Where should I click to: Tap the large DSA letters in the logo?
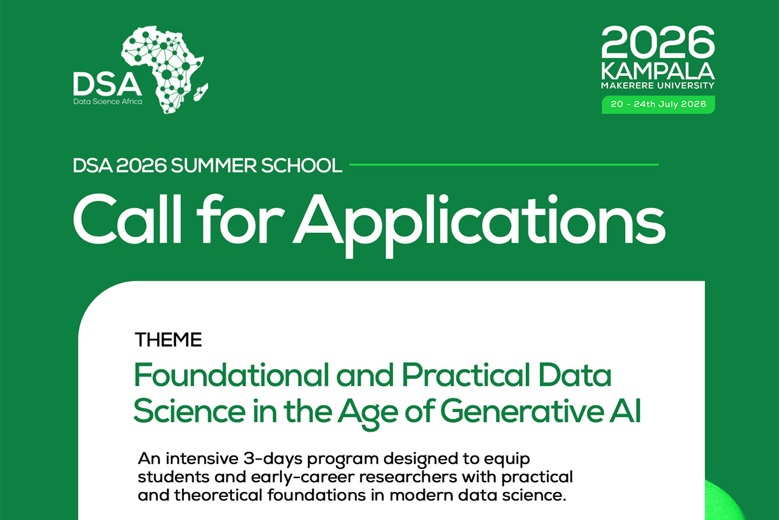107,83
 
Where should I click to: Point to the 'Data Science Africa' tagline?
107,101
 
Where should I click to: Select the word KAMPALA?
658,71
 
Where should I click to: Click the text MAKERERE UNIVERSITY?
658,86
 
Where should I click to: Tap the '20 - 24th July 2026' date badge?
658,104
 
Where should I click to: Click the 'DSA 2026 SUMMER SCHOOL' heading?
207,165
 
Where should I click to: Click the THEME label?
168,339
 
